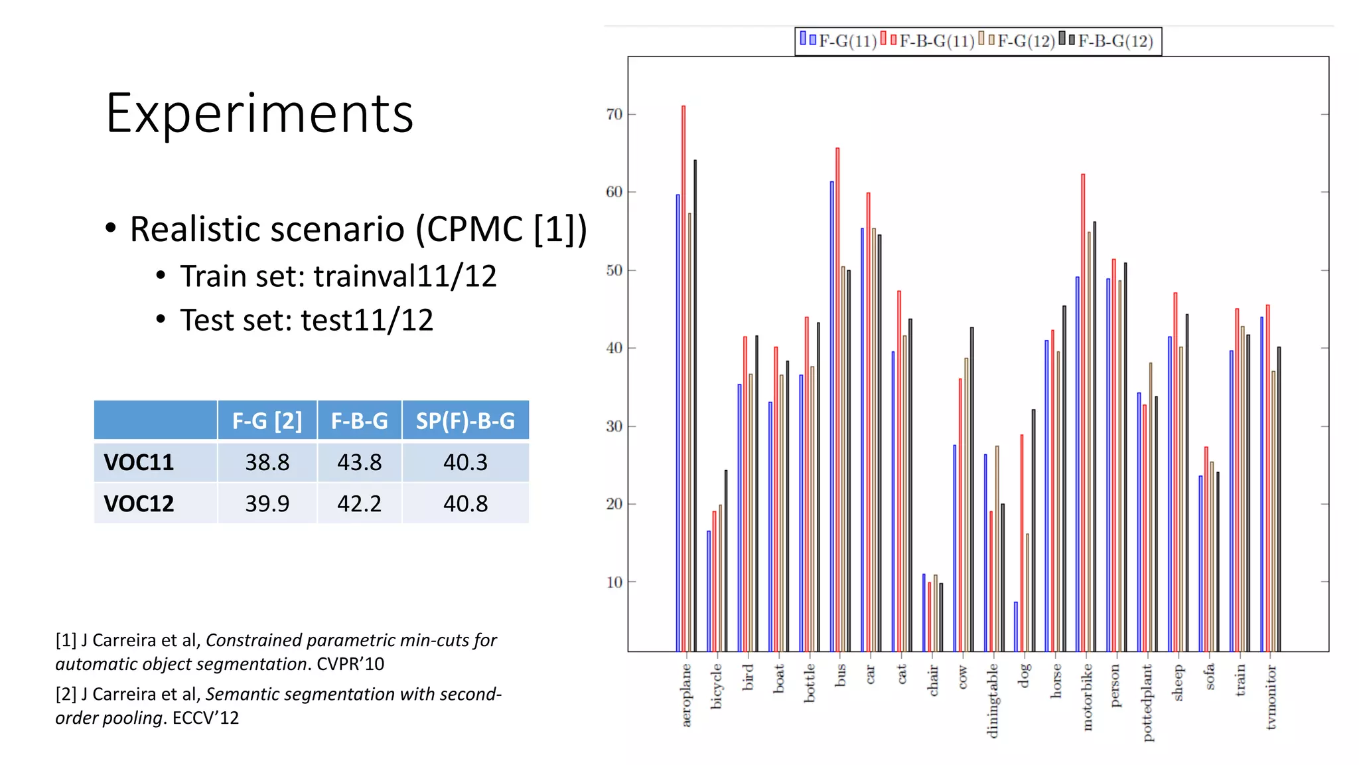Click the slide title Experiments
point(259,114)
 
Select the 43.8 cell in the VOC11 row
point(359,462)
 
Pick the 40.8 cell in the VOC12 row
point(465,504)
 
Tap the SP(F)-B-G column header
point(465,421)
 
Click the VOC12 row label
point(139,504)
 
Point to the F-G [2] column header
point(267,421)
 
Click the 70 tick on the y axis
point(614,114)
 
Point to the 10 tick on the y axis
point(614,582)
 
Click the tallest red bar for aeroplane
point(683,379)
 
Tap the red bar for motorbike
point(1083,412)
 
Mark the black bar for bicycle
point(726,561)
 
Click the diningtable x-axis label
point(993,701)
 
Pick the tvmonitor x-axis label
point(1271,697)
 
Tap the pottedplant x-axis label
point(1147,703)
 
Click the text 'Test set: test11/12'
point(307,320)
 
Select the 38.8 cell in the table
point(267,462)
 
